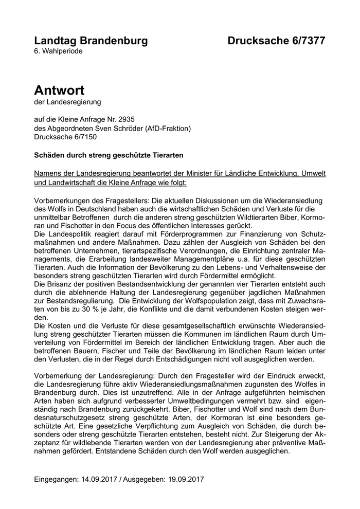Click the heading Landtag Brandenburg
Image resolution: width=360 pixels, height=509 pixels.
[91, 41]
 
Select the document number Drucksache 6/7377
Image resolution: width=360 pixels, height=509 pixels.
[276, 41]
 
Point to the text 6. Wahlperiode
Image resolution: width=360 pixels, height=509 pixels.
[58, 51]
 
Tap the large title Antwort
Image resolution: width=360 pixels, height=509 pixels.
[59, 90]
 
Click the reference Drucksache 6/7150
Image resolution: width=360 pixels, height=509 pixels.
[65, 137]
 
